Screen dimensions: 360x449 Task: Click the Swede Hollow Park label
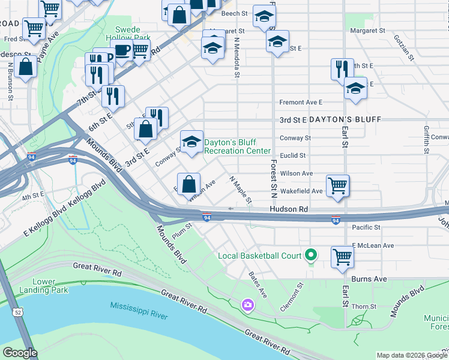(x=133, y=33)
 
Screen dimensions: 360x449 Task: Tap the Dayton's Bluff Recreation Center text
(x=237, y=146)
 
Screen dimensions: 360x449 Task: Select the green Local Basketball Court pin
(x=310, y=256)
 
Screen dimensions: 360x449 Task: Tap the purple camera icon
(x=247, y=306)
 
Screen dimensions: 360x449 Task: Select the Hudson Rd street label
(x=288, y=209)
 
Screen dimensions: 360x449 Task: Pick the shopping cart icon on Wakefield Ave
(x=338, y=185)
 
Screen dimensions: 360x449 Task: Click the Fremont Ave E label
(x=300, y=103)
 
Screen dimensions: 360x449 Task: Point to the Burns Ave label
(x=373, y=279)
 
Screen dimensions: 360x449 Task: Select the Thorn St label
(x=365, y=306)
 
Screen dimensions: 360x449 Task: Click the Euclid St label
(x=294, y=155)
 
